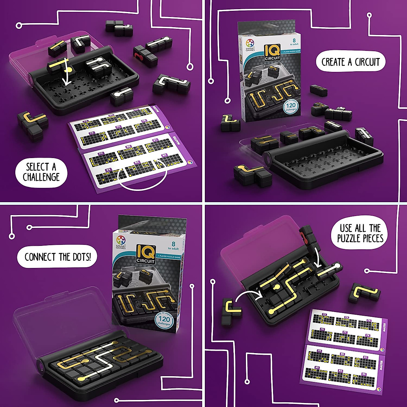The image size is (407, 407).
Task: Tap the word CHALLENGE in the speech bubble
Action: (x=41, y=177)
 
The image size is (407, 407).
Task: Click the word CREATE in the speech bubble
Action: (x=334, y=62)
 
